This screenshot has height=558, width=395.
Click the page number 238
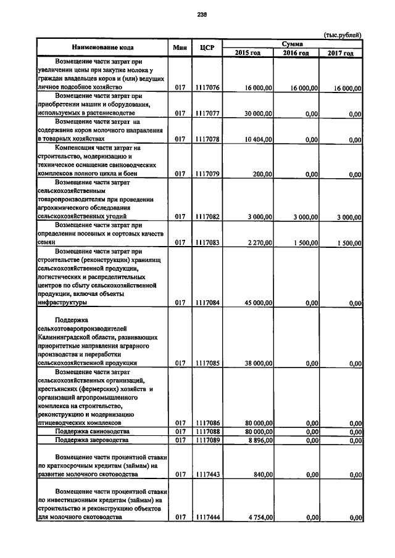click(202, 14)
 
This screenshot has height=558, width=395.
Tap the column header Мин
click(180, 47)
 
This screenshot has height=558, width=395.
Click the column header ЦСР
click(207, 47)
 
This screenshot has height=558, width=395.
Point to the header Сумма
click(292, 43)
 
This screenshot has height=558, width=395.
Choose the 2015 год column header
click(247, 53)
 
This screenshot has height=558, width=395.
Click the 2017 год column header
click(340, 53)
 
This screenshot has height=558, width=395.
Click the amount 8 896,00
click(260, 440)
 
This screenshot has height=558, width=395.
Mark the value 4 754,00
click(260, 517)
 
